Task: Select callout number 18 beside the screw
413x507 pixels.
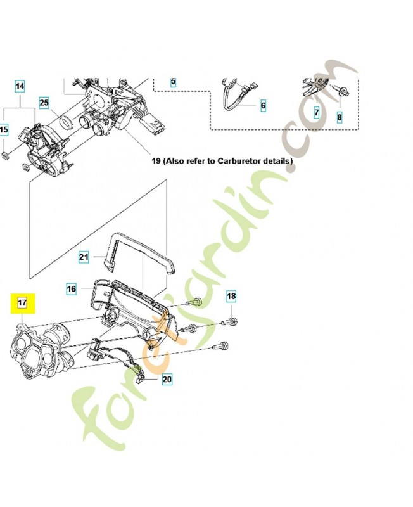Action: click(231, 297)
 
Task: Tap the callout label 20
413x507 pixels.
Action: click(167, 380)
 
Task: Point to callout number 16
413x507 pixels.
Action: click(72, 288)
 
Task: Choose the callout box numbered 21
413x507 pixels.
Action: click(84, 257)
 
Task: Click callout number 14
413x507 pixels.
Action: click(20, 86)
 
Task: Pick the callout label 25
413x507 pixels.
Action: click(44, 102)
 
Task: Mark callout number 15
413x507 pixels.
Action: click(4, 130)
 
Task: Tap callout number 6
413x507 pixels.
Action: click(263, 105)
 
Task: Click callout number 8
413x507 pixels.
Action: click(339, 117)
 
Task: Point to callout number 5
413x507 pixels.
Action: click(174, 82)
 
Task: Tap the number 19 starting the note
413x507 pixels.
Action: click(156, 161)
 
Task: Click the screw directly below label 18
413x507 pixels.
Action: click(232, 322)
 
